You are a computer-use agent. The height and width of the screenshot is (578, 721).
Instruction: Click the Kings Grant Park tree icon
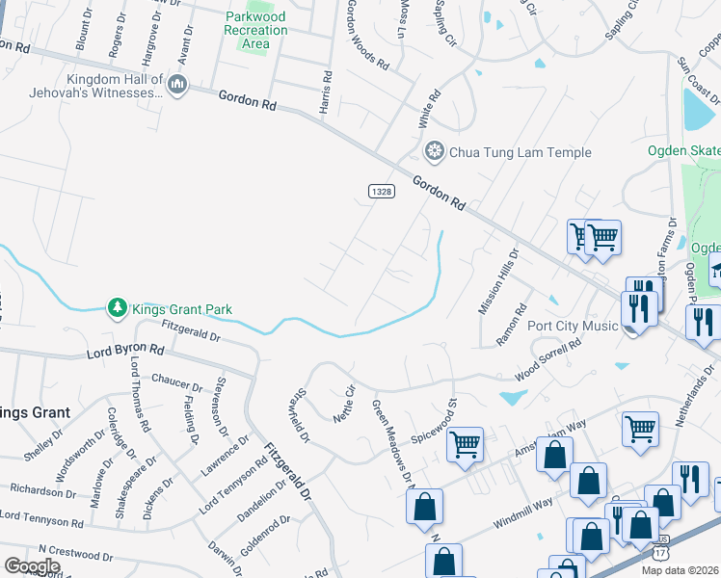pos(116,308)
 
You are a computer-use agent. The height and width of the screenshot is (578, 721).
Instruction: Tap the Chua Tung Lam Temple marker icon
pos(435,152)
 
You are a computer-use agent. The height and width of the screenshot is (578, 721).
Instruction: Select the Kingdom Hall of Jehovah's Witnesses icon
pos(176,86)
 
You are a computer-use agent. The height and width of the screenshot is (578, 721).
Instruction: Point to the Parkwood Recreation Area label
pos(255,30)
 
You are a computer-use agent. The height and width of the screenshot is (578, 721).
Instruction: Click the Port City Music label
pos(573,326)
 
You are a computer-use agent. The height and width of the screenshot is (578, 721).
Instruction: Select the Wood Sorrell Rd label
pos(548,357)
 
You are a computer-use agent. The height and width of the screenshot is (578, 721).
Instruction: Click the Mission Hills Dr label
pos(498,281)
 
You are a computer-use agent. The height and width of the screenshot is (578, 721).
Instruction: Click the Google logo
pos(32,566)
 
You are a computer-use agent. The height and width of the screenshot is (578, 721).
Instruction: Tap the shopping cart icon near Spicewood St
pos(465,444)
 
